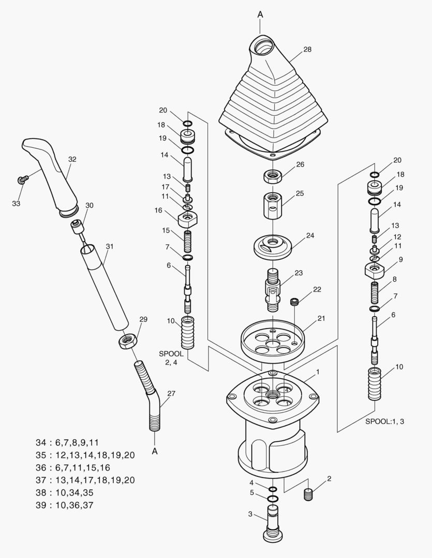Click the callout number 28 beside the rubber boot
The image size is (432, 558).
click(x=307, y=50)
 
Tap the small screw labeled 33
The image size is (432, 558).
click(x=22, y=180)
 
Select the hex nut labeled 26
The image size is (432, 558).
click(x=272, y=176)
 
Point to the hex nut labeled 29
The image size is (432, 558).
click(x=126, y=342)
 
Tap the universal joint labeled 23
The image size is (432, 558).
click(x=273, y=289)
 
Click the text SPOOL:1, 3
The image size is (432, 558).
click(x=384, y=421)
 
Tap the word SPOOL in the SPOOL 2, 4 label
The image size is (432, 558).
click(x=171, y=353)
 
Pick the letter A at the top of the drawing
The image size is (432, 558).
click(x=260, y=14)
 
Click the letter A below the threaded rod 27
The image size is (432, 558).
click(x=154, y=452)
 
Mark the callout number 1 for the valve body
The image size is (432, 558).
click(x=317, y=371)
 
